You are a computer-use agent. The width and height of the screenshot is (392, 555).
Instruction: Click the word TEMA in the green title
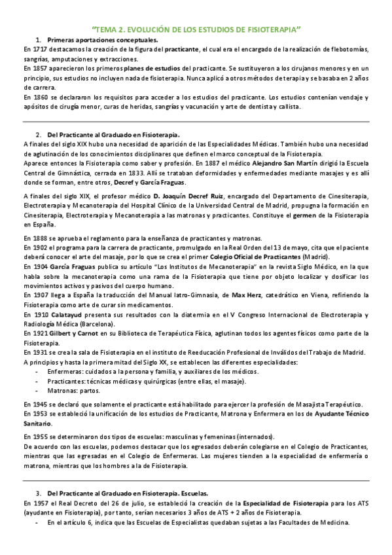point(107,29)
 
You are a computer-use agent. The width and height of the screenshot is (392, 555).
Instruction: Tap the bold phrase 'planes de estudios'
point(163,68)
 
